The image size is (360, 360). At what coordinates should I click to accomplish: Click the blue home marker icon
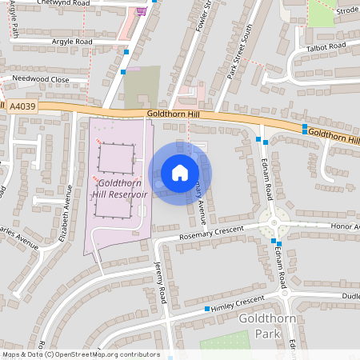(x=179, y=172)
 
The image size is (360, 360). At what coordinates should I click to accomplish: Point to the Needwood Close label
(x=39, y=79)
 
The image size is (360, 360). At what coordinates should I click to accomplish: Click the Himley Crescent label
(x=238, y=300)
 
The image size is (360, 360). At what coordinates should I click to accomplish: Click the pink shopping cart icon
(x=142, y=10)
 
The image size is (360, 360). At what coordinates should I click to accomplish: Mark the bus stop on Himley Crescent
(x=207, y=309)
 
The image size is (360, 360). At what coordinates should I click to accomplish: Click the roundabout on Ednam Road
(x=274, y=222)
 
